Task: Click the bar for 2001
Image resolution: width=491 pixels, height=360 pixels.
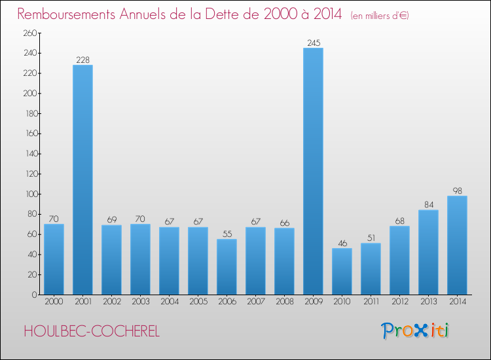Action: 82,179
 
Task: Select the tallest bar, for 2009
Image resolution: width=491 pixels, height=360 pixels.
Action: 313,171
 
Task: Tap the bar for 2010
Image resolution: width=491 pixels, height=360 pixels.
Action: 342,271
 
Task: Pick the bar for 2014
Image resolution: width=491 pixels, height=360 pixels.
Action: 457,245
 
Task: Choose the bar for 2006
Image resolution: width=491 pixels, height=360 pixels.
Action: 227,266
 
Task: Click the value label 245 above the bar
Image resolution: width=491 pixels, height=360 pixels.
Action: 313,43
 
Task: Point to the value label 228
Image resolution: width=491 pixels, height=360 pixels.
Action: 82,60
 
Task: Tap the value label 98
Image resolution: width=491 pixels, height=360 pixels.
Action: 457,191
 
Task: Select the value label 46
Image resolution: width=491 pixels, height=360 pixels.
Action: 342,243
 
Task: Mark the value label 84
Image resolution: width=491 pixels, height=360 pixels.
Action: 428,205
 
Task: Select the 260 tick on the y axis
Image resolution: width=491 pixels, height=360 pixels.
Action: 28,33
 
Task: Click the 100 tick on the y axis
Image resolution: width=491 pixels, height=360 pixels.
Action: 28,194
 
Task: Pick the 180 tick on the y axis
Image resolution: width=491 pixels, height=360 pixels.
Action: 28,113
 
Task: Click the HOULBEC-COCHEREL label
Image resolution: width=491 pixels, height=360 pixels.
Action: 92,331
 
